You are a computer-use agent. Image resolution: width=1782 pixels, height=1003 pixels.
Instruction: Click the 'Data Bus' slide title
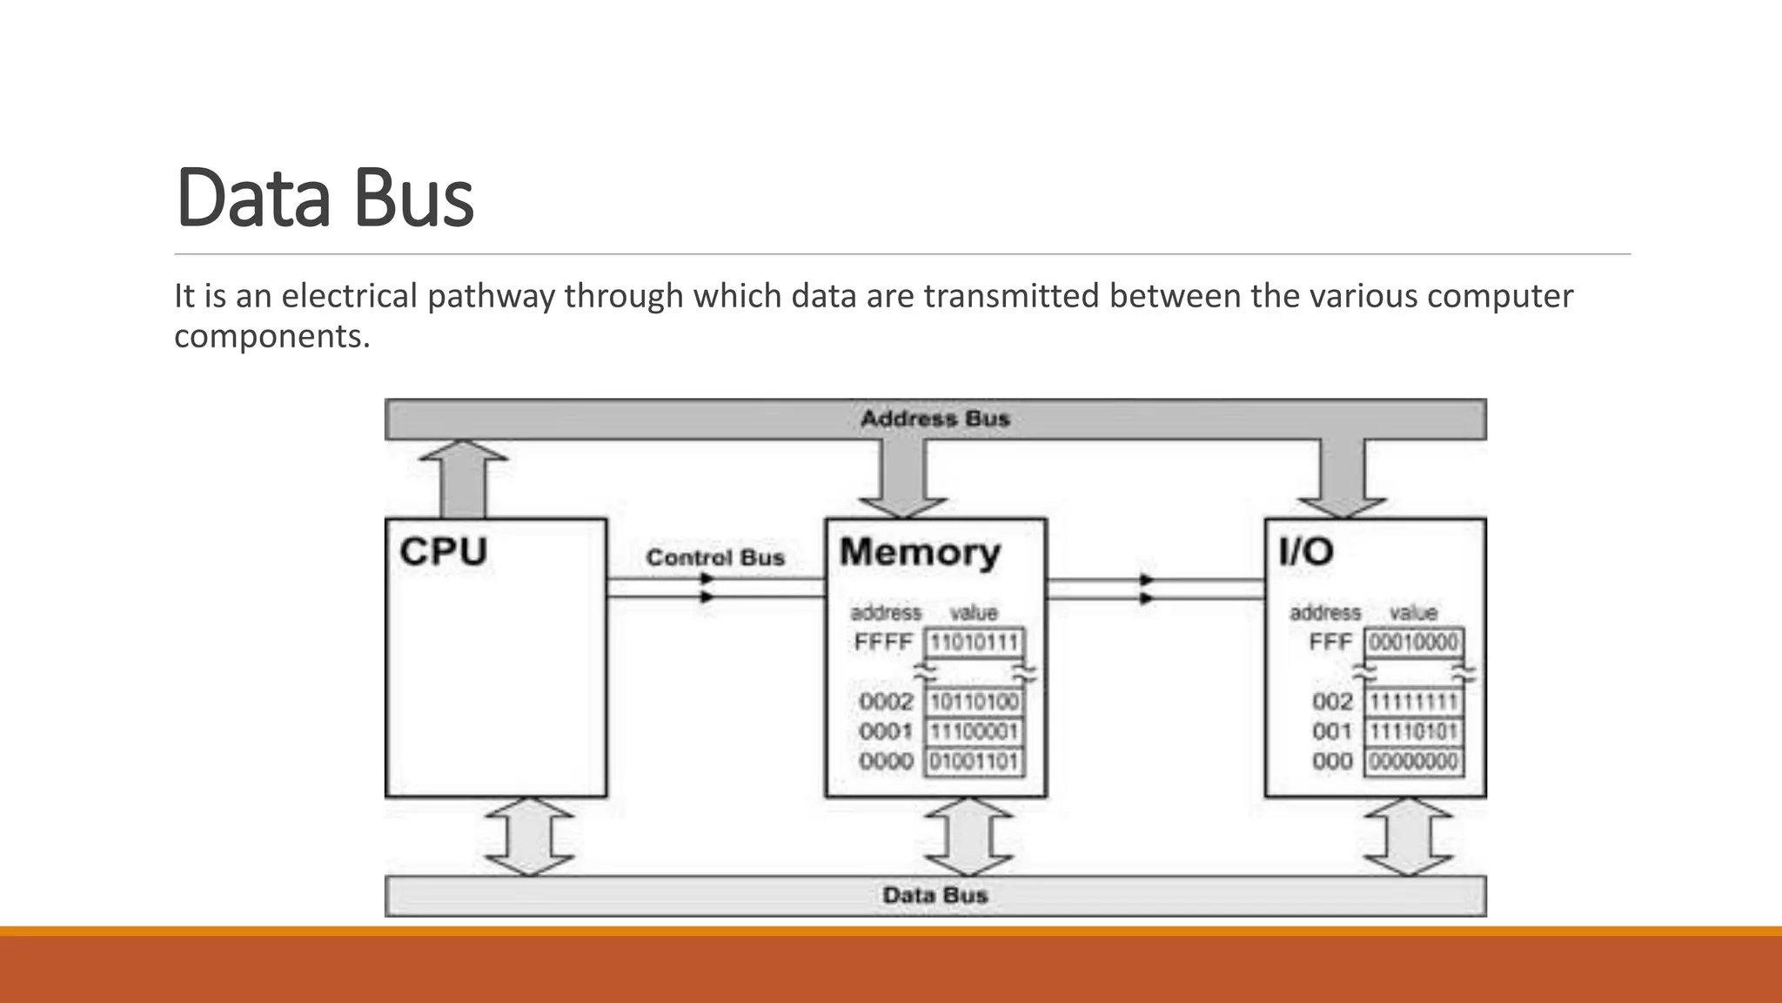[325, 199]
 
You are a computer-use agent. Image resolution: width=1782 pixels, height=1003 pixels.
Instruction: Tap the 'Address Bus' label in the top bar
[935, 419]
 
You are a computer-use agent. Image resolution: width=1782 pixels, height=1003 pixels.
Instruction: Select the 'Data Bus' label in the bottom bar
[935, 895]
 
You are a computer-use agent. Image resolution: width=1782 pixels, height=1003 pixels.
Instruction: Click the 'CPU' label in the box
[443, 552]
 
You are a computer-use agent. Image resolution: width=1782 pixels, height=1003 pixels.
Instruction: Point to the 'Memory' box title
[920, 553]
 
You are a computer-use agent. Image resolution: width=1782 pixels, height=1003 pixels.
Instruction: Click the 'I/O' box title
[1305, 552]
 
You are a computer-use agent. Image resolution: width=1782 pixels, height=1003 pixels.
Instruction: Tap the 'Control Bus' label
[714, 557]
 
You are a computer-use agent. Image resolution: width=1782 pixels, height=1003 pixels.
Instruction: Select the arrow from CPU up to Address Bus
[463, 478]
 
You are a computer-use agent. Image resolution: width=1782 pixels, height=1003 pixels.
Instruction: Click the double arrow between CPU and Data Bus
[529, 837]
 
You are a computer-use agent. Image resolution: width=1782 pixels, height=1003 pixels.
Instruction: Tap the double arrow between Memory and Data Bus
[968, 837]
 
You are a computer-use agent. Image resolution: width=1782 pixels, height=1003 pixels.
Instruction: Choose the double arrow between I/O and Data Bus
[1408, 837]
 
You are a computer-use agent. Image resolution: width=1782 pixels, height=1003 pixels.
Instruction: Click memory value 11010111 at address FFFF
[974, 643]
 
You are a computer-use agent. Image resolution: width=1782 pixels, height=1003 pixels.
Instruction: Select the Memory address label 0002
[885, 702]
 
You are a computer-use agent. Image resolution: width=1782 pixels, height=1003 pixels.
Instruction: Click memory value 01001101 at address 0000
[974, 762]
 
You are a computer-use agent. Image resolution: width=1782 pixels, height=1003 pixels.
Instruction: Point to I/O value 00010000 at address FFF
[1413, 643]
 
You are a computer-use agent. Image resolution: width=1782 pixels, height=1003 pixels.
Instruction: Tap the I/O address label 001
[1331, 731]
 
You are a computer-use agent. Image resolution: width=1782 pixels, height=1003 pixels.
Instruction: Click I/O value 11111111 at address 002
[1413, 702]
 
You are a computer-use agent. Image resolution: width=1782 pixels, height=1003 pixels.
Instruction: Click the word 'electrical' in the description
[349, 297]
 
